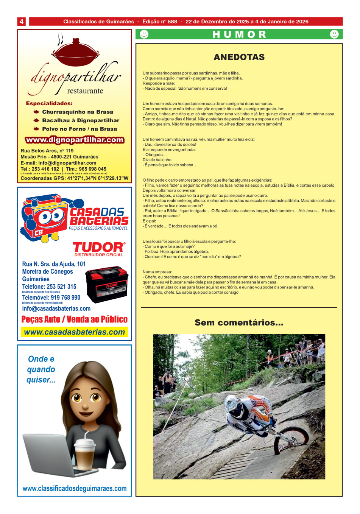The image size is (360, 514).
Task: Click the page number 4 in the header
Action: pyautogui.click(x=22, y=22)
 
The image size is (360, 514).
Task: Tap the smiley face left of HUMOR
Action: pyautogui.click(x=144, y=34)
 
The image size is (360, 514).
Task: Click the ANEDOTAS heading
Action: pyautogui.click(x=239, y=57)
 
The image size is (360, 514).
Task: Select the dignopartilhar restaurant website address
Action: pyautogui.click(x=75, y=140)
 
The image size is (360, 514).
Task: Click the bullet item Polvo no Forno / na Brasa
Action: pyautogui.click(x=79, y=129)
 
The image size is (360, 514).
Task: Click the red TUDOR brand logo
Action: pyautogui.click(x=98, y=247)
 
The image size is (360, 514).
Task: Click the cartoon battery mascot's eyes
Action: pyautogui.click(x=51, y=217)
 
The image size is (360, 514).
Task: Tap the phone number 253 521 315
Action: pyautogui.click(x=61, y=287)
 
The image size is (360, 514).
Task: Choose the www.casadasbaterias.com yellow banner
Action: pyautogui.click(x=75, y=332)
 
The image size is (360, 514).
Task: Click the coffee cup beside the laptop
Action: pyautogui.click(x=85, y=453)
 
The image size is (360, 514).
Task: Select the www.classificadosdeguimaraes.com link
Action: pyautogui.click(x=75, y=489)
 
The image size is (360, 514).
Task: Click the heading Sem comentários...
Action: pyautogui.click(x=239, y=323)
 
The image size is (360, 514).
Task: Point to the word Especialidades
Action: pyautogui.click(x=49, y=103)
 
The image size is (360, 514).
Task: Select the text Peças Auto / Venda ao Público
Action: pyautogui.click(x=75, y=319)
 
